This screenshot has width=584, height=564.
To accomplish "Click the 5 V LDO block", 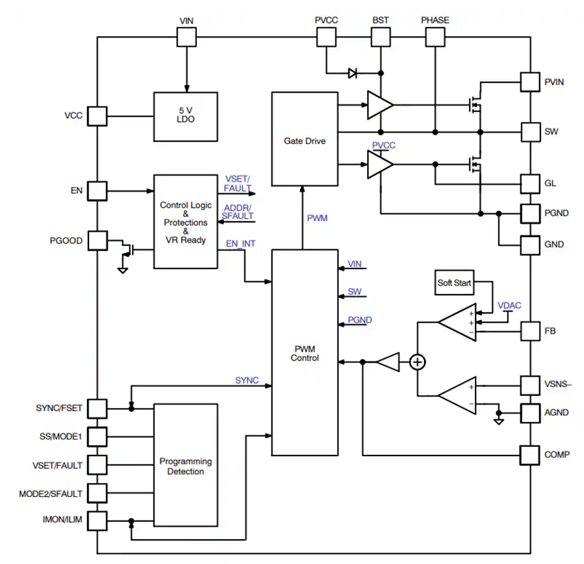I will [x=186, y=117].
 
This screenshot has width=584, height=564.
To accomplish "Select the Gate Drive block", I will [x=304, y=140].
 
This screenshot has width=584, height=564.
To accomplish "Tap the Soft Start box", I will [x=454, y=283].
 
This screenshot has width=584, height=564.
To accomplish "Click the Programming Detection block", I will [x=186, y=465].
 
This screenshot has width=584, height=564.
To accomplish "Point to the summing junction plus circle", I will [x=417, y=362].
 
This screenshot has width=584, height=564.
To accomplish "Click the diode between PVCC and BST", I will [x=352, y=73].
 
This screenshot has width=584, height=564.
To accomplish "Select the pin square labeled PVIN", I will [x=530, y=82].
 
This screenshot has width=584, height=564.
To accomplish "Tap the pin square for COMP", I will [x=530, y=455].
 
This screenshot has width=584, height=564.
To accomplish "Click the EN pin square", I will [x=98, y=191].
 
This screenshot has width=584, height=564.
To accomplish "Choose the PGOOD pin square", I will [x=98, y=240].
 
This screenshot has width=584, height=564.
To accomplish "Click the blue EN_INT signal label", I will [x=240, y=243].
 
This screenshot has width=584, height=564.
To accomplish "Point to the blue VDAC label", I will [x=509, y=305].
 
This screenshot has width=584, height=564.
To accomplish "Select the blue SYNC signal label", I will [x=246, y=380].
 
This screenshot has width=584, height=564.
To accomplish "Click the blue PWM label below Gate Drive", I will [x=317, y=218].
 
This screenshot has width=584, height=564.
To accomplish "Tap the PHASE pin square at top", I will [x=435, y=38].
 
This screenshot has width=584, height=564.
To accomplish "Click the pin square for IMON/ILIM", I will [x=98, y=520].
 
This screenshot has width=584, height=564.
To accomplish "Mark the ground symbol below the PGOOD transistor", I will [x=123, y=269].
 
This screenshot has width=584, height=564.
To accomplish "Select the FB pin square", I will [x=530, y=331].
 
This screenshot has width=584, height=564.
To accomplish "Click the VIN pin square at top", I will [x=186, y=38].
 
